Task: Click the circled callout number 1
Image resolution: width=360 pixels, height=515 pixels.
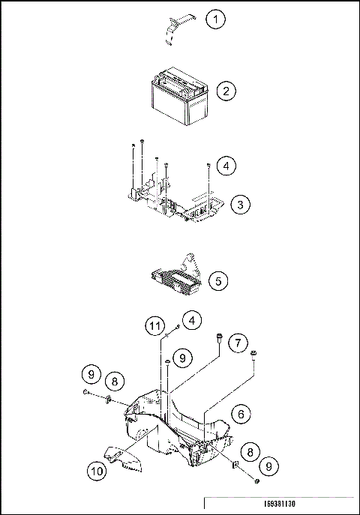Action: click(x=216, y=19)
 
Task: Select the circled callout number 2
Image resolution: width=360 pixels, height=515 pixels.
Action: click(x=226, y=91)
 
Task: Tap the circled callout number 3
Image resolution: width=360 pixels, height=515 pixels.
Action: click(x=241, y=205)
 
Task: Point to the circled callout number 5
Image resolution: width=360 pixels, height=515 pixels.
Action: click(x=219, y=281)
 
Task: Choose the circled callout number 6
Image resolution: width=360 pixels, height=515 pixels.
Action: click(x=241, y=414)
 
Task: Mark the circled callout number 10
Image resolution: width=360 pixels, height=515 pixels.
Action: click(x=97, y=472)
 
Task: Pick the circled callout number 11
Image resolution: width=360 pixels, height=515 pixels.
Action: click(x=155, y=326)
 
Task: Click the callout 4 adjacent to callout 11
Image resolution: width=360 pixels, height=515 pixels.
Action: click(x=192, y=320)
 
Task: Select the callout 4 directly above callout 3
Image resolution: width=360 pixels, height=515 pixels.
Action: click(x=226, y=166)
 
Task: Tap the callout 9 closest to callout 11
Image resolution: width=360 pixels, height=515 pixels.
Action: click(x=183, y=358)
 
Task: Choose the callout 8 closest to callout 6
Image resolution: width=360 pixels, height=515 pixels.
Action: click(x=250, y=452)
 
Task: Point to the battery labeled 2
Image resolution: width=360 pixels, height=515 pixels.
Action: click(x=180, y=96)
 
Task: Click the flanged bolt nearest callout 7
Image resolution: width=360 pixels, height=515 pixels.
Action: click(x=219, y=338)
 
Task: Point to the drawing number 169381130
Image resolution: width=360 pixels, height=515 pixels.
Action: click(x=280, y=504)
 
